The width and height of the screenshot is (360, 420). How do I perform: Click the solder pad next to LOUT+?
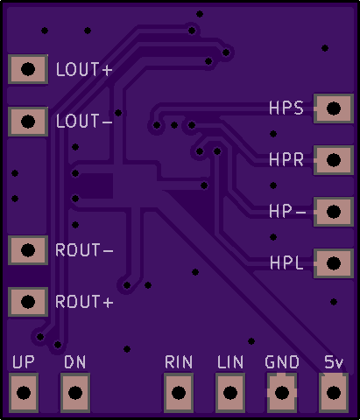[x=28, y=69]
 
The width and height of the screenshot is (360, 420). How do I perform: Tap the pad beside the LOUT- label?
[x=28, y=122]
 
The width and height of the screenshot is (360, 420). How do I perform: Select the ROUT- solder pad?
[x=28, y=250]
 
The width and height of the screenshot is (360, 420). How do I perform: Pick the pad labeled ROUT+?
[x=28, y=302]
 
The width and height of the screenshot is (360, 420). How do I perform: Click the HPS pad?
[x=334, y=108]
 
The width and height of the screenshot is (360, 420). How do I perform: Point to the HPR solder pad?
[x=334, y=160]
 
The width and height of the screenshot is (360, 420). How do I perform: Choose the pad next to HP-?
[x=334, y=212]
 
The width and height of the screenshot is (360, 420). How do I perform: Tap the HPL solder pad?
[x=334, y=263]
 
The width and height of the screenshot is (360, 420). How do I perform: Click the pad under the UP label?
[x=24, y=393]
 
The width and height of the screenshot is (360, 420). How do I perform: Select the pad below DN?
[x=75, y=393]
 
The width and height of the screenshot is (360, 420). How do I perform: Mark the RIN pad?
[x=179, y=393]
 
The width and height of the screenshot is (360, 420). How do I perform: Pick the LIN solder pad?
[x=230, y=393]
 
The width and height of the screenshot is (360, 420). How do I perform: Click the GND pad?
[x=282, y=393]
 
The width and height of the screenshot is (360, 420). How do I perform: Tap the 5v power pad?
[x=334, y=393]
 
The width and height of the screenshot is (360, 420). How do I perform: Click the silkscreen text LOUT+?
[x=84, y=69]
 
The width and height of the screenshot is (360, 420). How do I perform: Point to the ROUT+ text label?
[x=84, y=302]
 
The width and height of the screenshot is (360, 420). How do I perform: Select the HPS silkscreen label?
[x=286, y=108]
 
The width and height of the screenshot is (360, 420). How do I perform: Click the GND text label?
[x=282, y=362]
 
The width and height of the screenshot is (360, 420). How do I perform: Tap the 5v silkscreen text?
[x=334, y=362]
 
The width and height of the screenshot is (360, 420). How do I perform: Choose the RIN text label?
[x=179, y=362]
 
